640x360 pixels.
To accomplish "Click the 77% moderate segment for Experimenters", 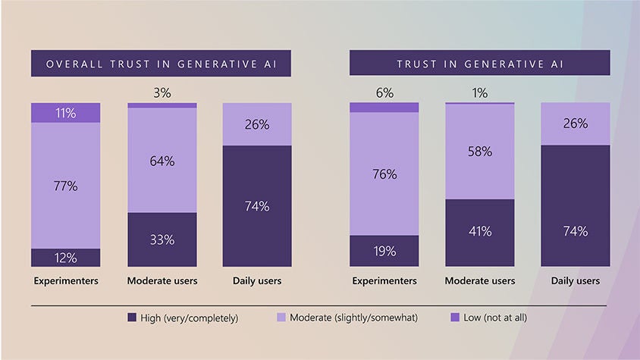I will tap(65, 186).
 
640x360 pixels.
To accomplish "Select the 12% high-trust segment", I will tap(65, 258).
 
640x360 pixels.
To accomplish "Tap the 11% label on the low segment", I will tap(65, 113).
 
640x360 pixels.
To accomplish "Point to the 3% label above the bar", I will tap(162, 92).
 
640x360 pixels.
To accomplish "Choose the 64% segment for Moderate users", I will tap(162, 161).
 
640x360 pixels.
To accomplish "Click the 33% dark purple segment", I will tap(162, 239).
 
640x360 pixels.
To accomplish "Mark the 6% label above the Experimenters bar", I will tap(384, 92).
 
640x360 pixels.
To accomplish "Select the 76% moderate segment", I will tap(384, 174).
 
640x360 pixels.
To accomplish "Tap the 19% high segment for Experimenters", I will tap(384, 251).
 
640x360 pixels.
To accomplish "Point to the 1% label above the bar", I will tap(480, 92).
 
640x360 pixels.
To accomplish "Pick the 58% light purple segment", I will tap(480, 152).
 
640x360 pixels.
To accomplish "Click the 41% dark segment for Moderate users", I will tap(480, 232).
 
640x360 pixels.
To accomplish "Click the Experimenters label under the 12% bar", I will tap(66, 281).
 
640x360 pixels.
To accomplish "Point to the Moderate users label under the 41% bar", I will tap(480, 281).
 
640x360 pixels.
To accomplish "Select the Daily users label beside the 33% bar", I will tap(257, 281).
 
